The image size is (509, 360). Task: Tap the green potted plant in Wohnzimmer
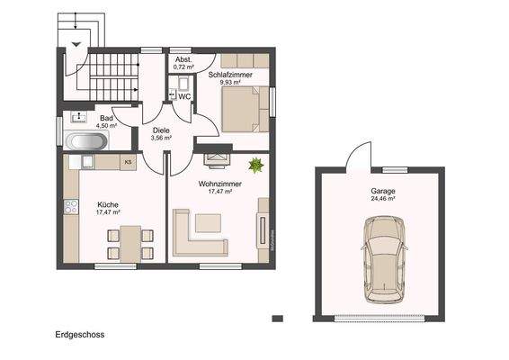point(255,165)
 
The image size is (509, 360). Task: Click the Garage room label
point(382,192)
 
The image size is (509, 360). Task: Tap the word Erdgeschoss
point(79,334)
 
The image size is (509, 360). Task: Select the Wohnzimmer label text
point(219,183)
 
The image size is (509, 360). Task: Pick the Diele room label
point(161,130)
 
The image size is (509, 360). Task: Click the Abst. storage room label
point(183,59)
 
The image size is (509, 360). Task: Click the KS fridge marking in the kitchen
point(129,162)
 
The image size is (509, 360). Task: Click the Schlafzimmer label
point(229,75)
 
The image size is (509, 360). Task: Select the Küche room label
point(108,203)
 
